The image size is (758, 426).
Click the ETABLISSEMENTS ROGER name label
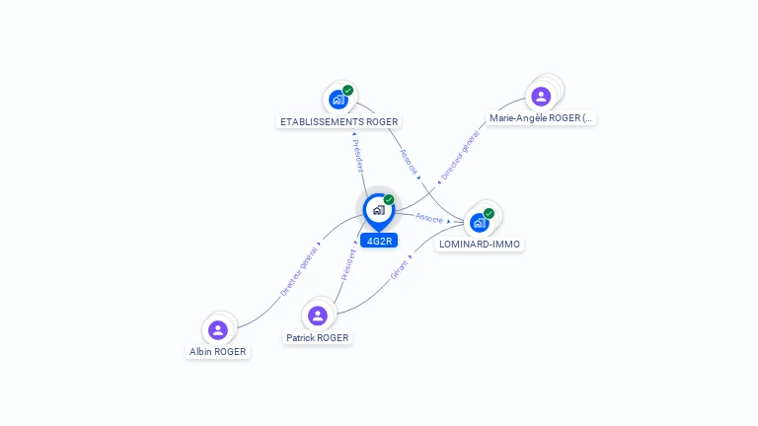click(339, 121)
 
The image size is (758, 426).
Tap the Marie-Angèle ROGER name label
click(541, 118)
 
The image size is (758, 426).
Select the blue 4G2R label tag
click(379, 241)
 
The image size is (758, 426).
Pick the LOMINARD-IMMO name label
click(479, 244)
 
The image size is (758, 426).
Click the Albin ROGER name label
click(217, 352)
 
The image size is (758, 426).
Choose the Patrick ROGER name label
click(317, 337)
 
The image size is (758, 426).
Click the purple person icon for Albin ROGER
click(218, 330)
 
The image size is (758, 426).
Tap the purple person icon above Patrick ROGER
click(318, 316)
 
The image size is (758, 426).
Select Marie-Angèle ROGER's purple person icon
click(541, 96)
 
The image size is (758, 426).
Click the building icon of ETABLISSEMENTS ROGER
click(338, 100)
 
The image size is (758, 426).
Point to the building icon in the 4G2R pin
click(379, 210)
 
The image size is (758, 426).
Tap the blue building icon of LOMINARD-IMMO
click(479, 223)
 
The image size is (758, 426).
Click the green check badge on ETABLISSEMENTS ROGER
click(347, 91)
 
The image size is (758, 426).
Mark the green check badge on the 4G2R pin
click(389, 199)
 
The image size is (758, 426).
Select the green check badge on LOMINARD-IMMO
click(489, 213)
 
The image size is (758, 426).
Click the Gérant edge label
click(400, 270)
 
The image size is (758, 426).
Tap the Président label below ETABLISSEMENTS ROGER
click(357, 156)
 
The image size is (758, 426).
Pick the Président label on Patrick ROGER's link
click(348, 264)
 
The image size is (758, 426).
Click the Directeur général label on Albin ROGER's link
click(299, 271)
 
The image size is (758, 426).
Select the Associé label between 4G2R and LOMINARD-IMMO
click(429, 218)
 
